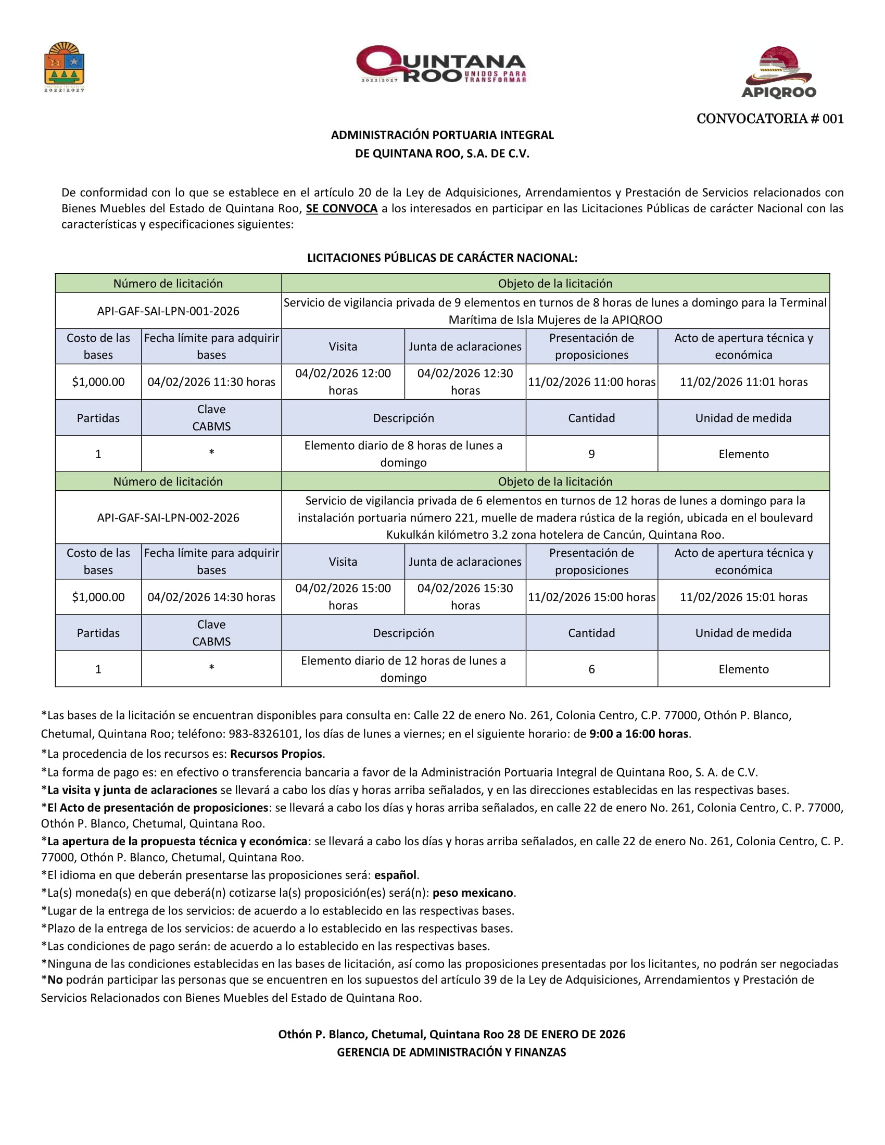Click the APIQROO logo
(779, 72)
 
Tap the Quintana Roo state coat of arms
(65, 67)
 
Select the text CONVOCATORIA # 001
(769, 119)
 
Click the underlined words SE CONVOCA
(342, 209)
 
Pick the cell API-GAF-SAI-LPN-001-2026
(168, 311)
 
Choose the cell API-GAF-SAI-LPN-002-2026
(168, 517)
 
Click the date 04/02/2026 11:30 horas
(211, 381)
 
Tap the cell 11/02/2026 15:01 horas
(743, 596)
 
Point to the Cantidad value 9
(591, 453)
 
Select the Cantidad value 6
(591, 669)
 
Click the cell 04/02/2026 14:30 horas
(211, 596)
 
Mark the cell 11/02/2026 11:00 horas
(591, 381)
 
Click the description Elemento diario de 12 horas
(402, 668)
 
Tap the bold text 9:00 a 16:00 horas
(639, 734)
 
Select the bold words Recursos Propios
(276, 754)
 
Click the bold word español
(395, 875)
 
